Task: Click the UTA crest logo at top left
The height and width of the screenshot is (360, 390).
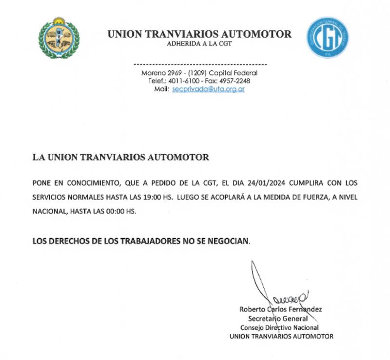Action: click(59, 38)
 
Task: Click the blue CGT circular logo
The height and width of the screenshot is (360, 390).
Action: click(328, 38)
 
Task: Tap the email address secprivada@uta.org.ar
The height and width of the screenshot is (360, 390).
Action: click(208, 90)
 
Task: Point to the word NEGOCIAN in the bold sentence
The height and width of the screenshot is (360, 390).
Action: click(229, 240)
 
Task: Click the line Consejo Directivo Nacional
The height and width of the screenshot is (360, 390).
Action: click(279, 327)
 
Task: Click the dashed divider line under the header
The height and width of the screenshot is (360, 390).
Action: click(200, 64)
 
